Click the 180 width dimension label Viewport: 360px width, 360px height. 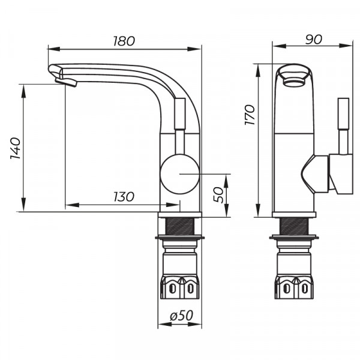[123, 41]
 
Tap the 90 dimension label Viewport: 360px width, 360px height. [313, 39]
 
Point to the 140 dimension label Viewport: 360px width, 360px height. [16, 148]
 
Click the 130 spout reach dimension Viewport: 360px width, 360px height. [123, 197]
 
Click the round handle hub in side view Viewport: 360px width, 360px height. [179, 173]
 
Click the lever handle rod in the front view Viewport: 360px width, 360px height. [344, 126]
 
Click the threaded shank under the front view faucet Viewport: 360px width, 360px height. [295, 227]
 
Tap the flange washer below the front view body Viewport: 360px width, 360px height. [295, 239]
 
